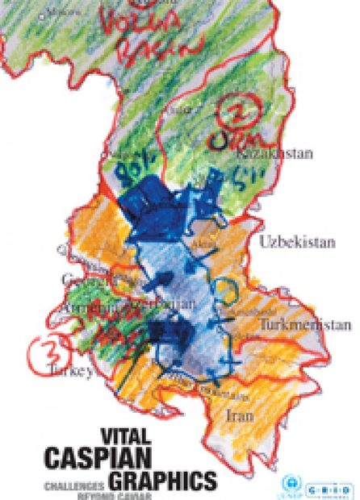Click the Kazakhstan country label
(263, 152)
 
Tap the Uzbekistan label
(287, 241)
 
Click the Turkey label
(70, 373)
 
